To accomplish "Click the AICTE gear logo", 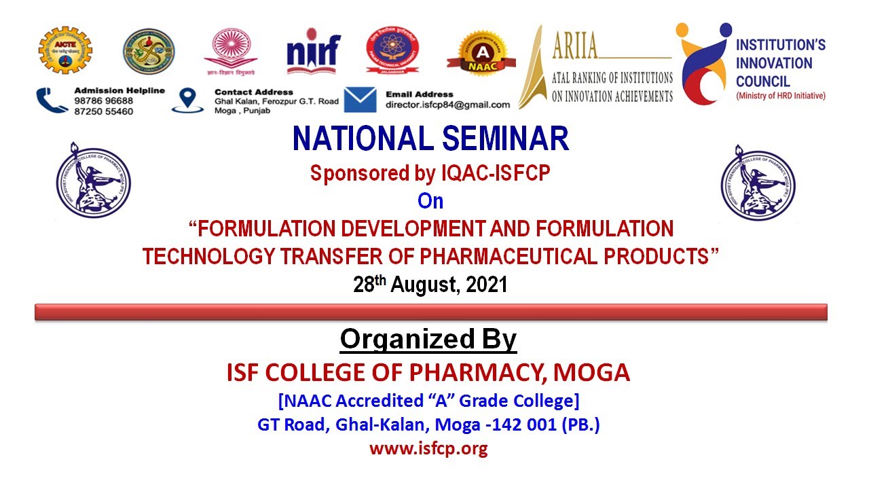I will [x=65, y=50].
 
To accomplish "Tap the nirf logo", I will [x=312, y=51].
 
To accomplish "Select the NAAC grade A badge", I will [x=481, y=53].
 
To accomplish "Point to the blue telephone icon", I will [x=52, y=101].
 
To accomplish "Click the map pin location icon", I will [x=187, y=100].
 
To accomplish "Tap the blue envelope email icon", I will [x=360, y=100].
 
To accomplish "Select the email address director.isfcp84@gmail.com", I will [x=447, y=105].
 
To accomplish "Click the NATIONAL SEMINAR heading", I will [x=430, y=139].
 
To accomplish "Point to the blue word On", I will [x=430, y=202].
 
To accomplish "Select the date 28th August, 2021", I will [x=430, y=284].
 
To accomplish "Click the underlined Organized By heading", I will [x=428, y=339].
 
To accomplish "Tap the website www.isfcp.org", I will [x=428, y=449].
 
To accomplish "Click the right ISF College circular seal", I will [x=758, y=182].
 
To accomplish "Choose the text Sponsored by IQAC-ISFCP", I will [x=430, y=174].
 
